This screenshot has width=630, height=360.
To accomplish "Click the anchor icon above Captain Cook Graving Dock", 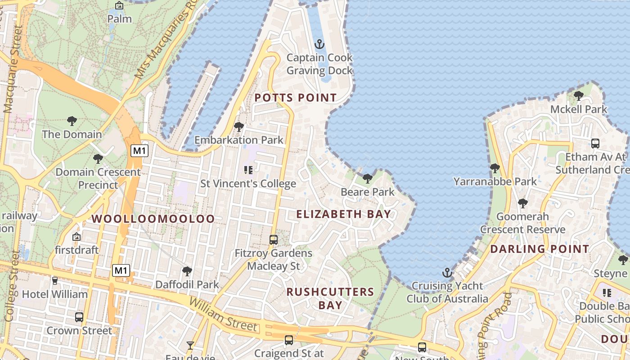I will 319,44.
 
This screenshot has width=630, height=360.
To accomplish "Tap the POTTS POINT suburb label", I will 295,98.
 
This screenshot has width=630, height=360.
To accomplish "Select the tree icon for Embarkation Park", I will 239,127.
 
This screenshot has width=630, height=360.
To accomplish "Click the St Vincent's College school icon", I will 248,170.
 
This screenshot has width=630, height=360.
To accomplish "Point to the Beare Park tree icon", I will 368,179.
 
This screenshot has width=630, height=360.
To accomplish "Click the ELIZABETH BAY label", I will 343,214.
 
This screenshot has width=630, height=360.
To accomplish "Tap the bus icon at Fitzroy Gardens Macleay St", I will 273,239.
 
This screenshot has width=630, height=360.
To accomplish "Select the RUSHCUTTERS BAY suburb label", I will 330,298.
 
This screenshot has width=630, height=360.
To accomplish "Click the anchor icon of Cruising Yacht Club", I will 447,272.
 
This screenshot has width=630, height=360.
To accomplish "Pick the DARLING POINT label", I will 539,249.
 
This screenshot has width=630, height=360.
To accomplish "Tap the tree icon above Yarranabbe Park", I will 495,168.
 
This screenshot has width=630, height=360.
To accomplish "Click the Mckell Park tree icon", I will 579,95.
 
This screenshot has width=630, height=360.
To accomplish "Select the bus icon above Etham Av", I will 595,144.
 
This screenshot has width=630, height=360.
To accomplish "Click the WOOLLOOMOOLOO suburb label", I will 153,219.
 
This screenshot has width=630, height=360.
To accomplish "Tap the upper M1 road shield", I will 139,151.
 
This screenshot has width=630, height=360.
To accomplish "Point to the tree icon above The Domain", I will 72,121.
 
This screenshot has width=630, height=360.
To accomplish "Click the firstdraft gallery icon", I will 76,236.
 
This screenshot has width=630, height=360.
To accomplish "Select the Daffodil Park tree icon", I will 187,271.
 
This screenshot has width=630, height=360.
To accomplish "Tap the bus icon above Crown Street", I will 79,317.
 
